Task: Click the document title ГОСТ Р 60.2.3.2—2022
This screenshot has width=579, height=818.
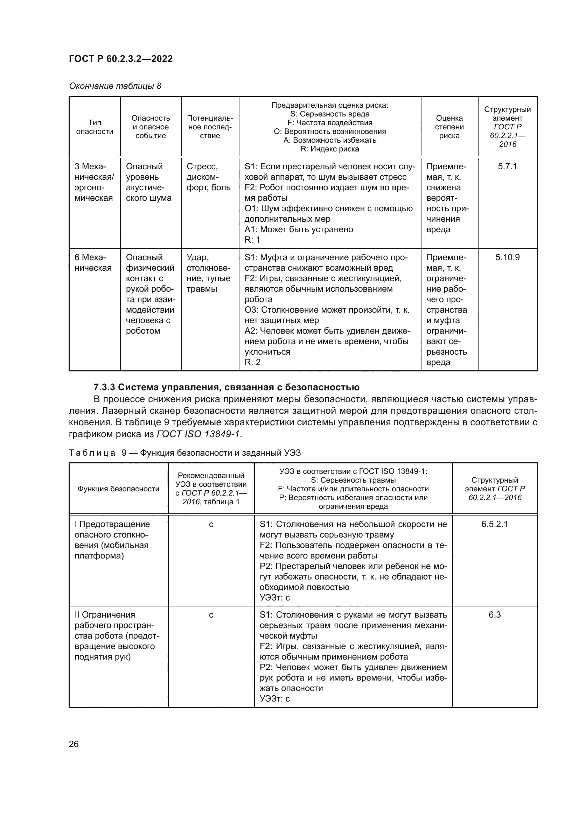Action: pyautogui.click(x=120, y=59)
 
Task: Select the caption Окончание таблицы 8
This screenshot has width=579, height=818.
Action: pyautogui.click(x=115, y=86)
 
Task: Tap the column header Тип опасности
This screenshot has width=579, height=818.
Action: pyautogui.click(x=95, y=127)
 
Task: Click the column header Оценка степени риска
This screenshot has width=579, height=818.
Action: pyautogui.click(x=449, y=127)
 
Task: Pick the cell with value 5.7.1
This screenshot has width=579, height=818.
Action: pyautogui.click(x=507, y=166)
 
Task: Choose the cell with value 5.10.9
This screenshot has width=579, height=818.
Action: pyautogui.click(x=507, y=257)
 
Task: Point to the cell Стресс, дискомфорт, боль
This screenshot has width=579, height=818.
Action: pyautogui.click(x=209, y=177)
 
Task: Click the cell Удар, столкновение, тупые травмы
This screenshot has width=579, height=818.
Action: pyautogui.click(x=209, y=273)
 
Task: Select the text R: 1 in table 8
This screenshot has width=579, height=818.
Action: pyautogui.click(x=252, y=240)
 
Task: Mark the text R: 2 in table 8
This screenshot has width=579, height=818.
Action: pyautogui.click(x=252, y=362)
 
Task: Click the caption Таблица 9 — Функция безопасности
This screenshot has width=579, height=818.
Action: pyautogui.click(x=185, y=453)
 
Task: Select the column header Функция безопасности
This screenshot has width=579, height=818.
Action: pyautogui.click(x=118, y=489)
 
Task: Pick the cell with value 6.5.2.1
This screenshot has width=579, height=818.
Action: pyautogui.click(x=494, y=524)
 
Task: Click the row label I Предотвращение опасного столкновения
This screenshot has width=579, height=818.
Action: pyautogui.click(x=112, y=540)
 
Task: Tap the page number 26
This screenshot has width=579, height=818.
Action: pyautogui.click(x=74, y=744)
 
